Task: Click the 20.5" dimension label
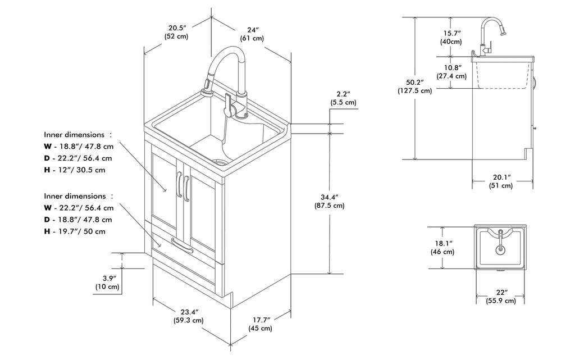point(176,32)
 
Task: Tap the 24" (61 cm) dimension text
point(253,34)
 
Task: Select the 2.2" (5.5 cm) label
point(343,98)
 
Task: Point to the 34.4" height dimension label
point(330,201)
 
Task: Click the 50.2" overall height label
point(414,86)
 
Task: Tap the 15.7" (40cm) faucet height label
point(451,37)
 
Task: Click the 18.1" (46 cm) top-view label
point(443,247)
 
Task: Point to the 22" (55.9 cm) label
point(501,297)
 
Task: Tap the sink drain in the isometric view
point(222,163)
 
